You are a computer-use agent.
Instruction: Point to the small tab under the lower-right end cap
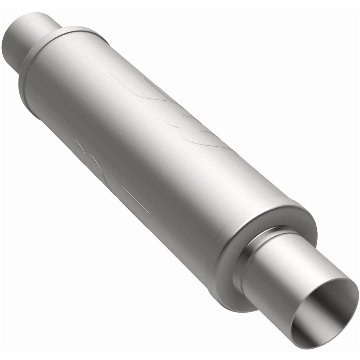[211, 292]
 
